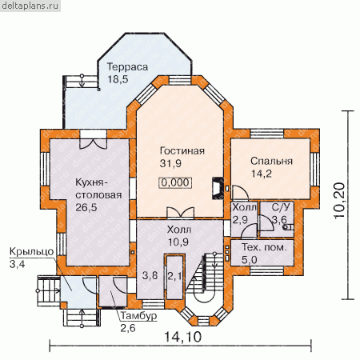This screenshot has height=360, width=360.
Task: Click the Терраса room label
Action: click(127, 66)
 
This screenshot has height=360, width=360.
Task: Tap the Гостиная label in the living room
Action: click(182, 151)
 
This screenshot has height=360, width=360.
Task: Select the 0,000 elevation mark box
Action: click(176, 182)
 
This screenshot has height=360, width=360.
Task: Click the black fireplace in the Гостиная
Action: click(218, 188)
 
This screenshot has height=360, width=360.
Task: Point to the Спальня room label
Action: click(271, 162)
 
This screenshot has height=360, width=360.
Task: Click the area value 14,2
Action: click(261, 174)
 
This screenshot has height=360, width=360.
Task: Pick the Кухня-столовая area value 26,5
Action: click(86, 207)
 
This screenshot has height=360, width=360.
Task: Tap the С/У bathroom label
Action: click(281, 207)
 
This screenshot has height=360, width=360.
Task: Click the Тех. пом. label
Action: click(264, 247)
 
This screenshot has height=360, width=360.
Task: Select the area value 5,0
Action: click(250, 260)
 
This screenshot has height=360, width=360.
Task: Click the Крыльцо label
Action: click(31, 252)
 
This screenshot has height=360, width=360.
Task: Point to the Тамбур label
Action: click(138, 316)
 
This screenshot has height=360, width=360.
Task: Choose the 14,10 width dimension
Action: click(182, 337)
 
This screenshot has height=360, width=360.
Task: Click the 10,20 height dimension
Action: click(339, 201)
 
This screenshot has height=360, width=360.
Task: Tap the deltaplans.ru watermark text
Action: click(30, 6)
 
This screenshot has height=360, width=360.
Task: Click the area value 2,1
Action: click(174, 276)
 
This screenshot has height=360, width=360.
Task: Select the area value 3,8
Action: click(150, 276)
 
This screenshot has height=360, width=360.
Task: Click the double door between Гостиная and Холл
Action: click(181, 213)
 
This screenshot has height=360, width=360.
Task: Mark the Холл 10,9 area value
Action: click(178, 242)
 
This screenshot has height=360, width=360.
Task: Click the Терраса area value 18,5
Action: click(118, 79)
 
